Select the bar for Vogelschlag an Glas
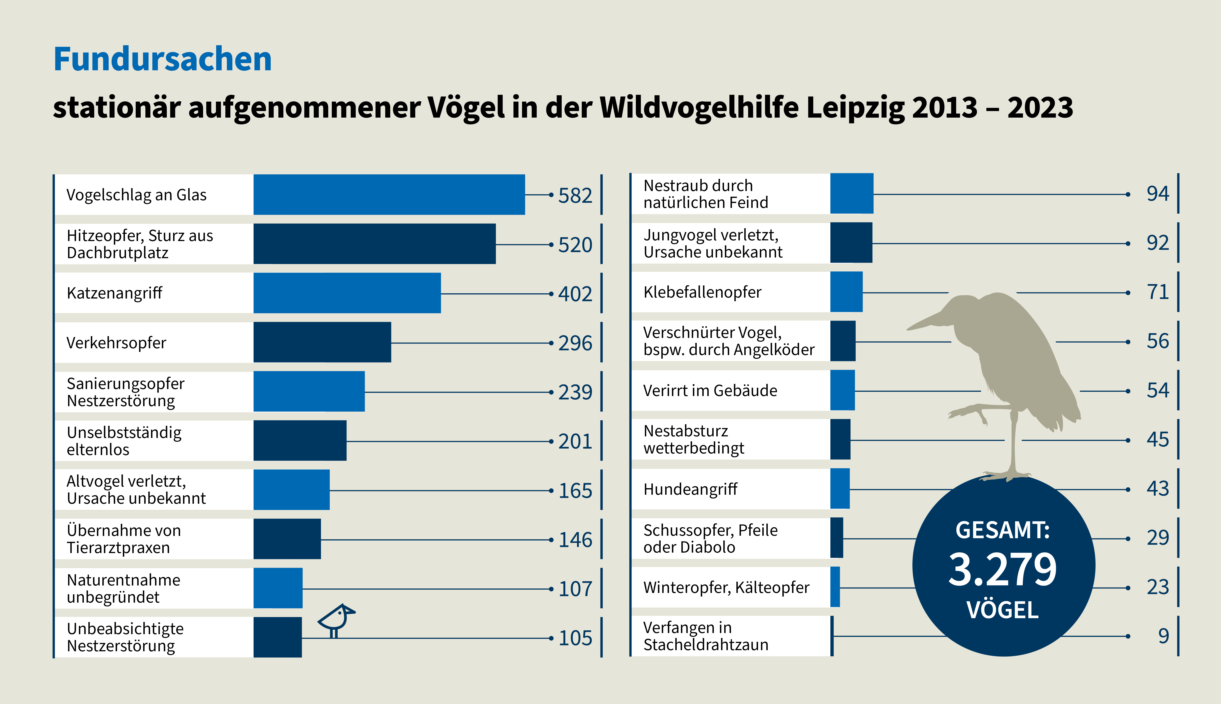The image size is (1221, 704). tap(389, 194)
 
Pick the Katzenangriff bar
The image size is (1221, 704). tap(347, 293)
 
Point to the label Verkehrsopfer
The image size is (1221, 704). tap(116, 343)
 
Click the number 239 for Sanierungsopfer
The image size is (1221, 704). tap(575, 392)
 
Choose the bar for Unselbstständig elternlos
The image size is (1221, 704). tap(300, 440)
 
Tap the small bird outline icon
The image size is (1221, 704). tap(337, 619)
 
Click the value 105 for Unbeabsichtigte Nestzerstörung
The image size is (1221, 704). tap(575, 638)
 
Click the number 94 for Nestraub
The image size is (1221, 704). tap(1158, 194)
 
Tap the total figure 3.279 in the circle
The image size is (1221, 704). tap(1003, 570)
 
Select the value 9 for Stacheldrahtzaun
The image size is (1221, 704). tap(1164, 636)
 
